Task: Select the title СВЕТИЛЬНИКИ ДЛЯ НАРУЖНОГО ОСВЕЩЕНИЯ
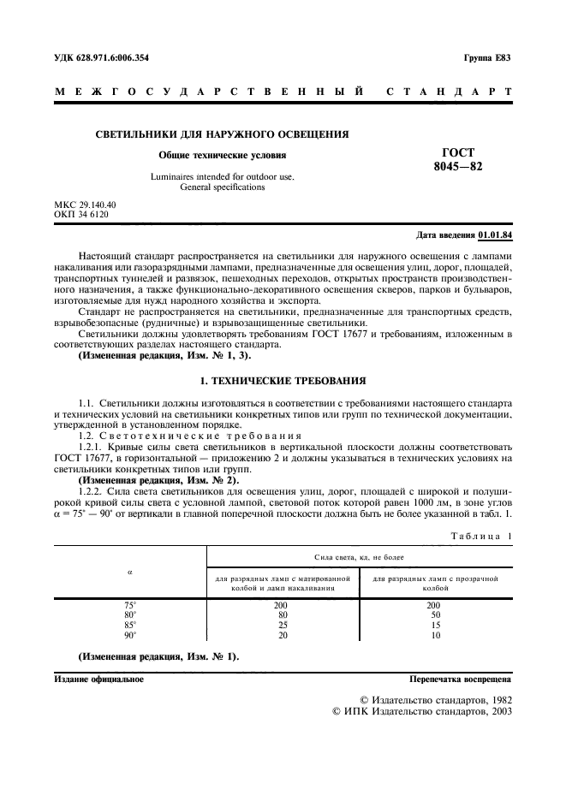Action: (x=221, y=134)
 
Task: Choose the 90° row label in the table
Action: (x=130, y=636)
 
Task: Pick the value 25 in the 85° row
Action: (x=282, y=626)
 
